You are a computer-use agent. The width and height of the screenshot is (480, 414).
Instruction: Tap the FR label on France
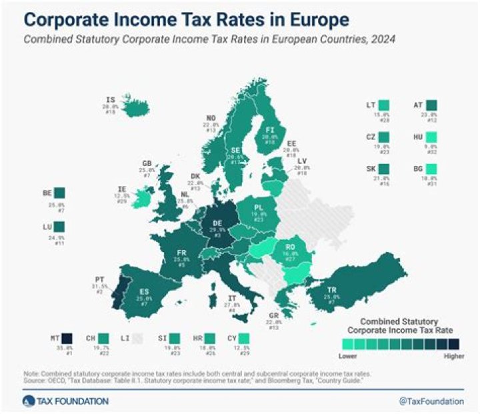coord(181,253)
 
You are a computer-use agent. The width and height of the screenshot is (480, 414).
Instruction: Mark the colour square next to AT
coord(432,105)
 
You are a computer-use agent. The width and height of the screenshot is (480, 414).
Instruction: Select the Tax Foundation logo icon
coord(28,400)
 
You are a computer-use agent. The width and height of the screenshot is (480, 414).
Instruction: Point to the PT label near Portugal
coord(101,281)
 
